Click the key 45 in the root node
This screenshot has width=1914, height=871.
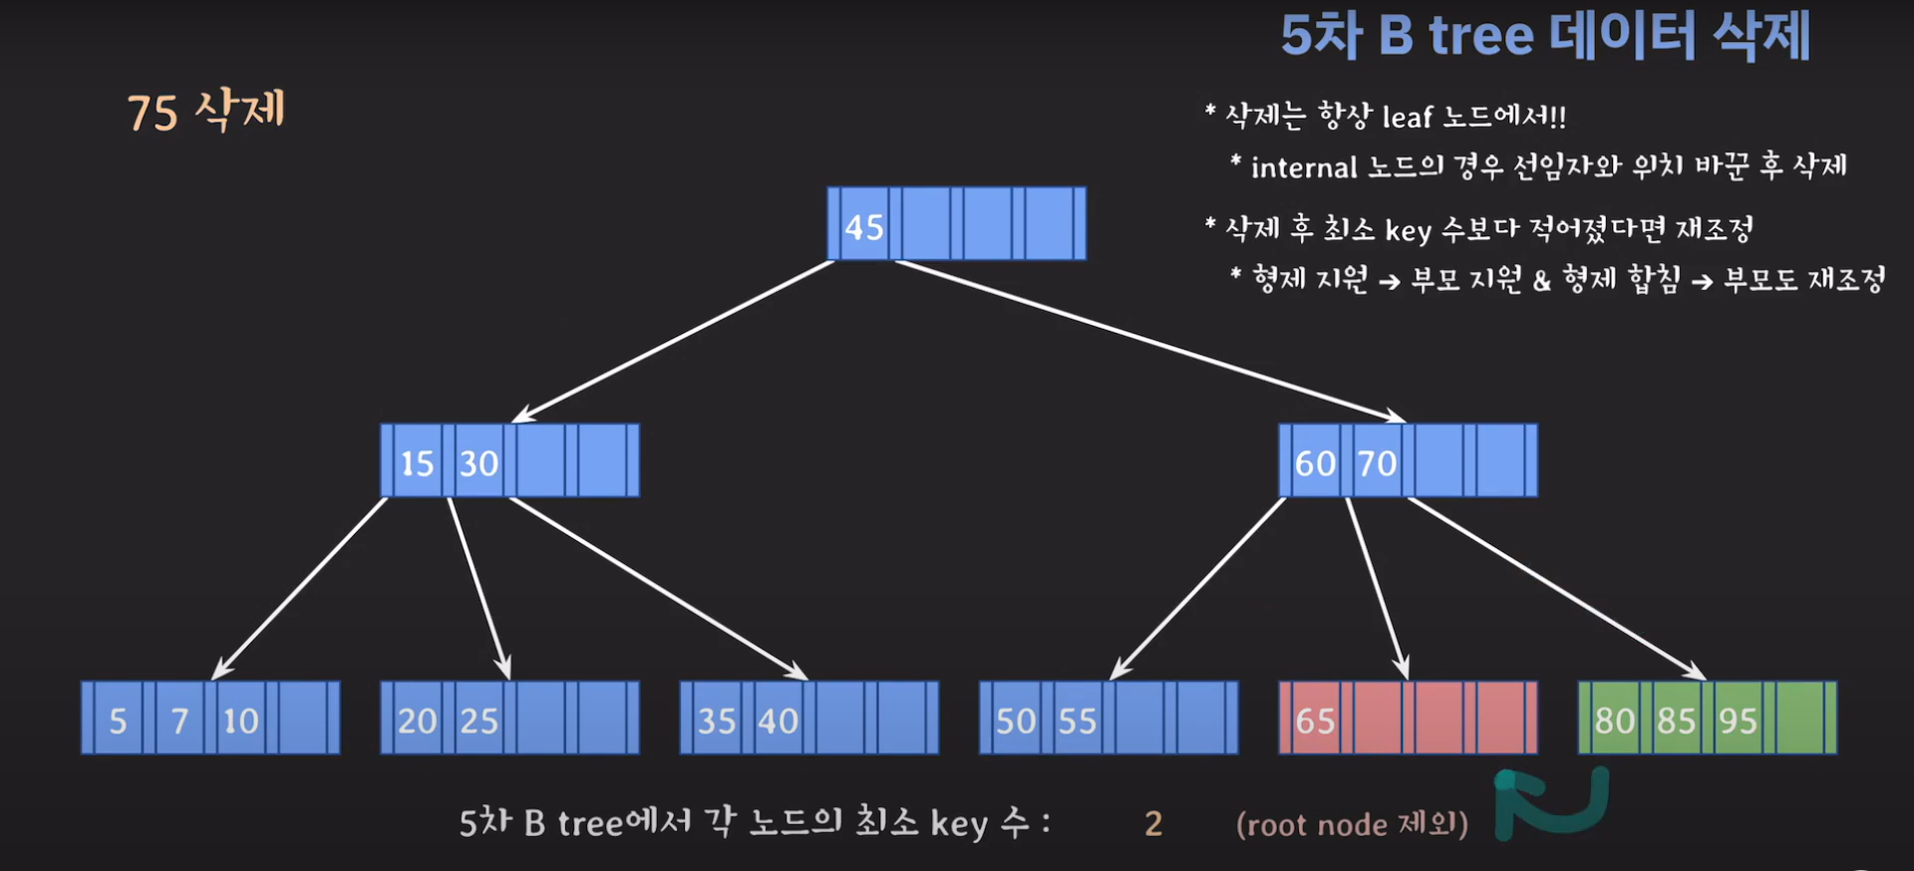[863, 227]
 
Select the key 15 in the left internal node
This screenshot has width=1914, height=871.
[417, 463]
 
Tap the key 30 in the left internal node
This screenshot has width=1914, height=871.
[478, 463]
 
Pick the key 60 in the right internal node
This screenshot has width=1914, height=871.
[1315, 463]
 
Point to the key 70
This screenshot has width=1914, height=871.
[1377, 463]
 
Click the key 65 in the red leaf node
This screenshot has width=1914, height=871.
[1315, 721]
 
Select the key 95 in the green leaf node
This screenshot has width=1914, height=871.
[1738, 721]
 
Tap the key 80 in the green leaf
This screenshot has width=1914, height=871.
[1614, 721]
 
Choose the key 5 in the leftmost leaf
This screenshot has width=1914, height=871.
[118, 721]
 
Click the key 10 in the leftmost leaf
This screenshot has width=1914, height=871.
[240, 721]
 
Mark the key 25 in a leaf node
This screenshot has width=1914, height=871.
[478, 721]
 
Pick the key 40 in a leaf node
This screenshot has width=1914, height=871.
[778, 721]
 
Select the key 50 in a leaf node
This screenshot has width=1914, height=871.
[1016, 721]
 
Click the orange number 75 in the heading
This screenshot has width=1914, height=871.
[153, 113]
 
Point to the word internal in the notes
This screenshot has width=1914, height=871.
[1304, 167]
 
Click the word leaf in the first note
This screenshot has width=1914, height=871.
[1407, 118]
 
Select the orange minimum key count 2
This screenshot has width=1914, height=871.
[1153, 824]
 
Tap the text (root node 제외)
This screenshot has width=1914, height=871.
[1352, 824]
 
